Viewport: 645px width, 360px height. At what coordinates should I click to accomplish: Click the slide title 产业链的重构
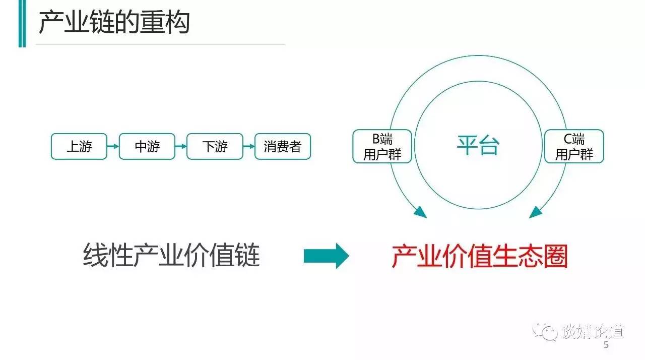[114, 23]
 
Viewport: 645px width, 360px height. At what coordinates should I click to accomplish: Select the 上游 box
[79, 147]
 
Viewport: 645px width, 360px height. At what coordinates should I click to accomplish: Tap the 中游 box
[147, 147]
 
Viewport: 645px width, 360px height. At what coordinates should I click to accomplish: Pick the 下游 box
[215, 147]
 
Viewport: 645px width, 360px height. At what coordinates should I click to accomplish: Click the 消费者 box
[282, 147]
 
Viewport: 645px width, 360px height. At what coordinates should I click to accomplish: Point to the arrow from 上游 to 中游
[113, 147]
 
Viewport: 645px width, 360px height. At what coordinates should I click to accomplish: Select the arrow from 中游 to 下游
[181, 147]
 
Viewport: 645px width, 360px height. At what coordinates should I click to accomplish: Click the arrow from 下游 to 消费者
[249, 147]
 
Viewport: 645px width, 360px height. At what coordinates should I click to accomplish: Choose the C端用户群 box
[574, 147]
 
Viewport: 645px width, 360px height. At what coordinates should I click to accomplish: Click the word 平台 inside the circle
[478, 146]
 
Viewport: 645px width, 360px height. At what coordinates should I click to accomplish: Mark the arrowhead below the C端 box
[536, 212]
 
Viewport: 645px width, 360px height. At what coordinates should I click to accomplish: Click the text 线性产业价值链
[171, 256]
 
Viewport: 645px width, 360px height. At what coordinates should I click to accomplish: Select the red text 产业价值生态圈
[479, 257]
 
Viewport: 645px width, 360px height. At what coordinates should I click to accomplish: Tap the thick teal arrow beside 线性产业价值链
[326, 256]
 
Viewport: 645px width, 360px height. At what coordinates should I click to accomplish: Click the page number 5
[606, 345]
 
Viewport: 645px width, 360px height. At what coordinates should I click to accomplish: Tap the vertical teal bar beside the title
[22, 24]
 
